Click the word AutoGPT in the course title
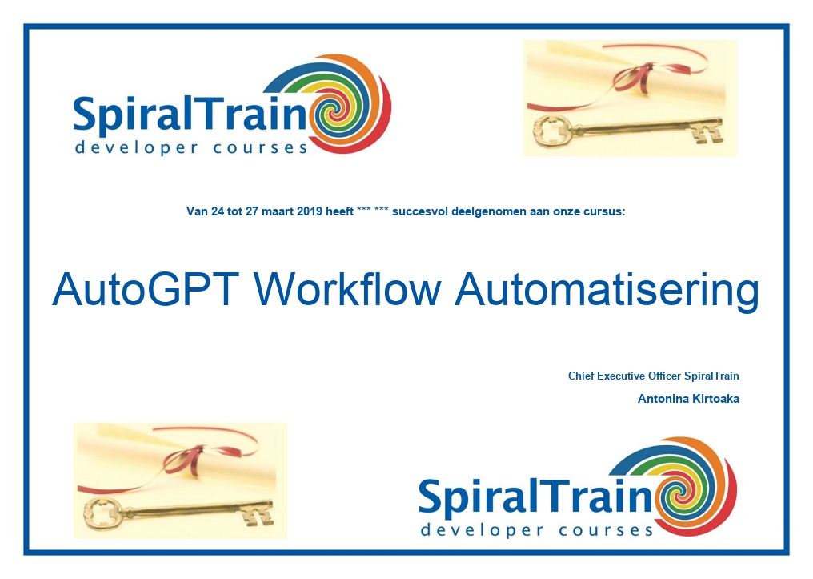point(146,290)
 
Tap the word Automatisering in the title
point(607,292)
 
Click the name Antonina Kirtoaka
point(688,399)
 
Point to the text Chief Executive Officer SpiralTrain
point(653,376)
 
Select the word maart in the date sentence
point(278,211)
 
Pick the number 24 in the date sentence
point(217,211)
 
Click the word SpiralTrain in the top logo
point(190,114)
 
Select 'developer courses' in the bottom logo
point(537,530)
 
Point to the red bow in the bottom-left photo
point(187,460)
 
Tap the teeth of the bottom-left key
point(260,514)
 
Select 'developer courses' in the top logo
point(191,148)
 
